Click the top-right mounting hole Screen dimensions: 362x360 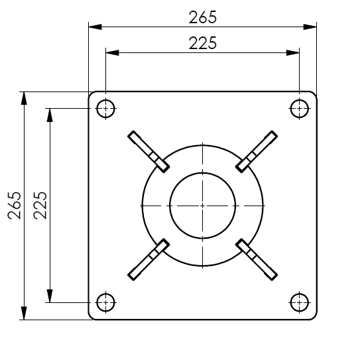(x=300, y=108)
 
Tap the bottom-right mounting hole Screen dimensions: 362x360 (x=300, y=302)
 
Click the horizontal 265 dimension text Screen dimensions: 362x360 (x=202, y=17)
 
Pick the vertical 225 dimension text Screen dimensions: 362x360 (x=40, y=206)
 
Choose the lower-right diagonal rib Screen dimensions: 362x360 (x=257, y=260)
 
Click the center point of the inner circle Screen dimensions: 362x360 (x=202, y=206)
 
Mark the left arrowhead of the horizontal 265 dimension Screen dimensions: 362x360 (x=95, y=27)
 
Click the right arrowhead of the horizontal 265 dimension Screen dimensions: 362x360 (x=310, y=27)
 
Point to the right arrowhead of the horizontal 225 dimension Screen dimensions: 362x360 (x=294, y=52)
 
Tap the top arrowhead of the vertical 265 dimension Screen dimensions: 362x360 (x=24, y=98)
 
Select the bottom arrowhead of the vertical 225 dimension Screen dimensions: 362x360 (x=49, y=296)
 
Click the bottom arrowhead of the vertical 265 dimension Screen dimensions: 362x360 (x=24, y=314)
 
